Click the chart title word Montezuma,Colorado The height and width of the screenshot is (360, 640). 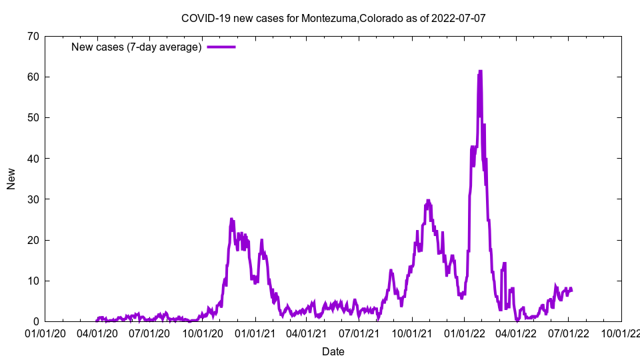coord(351,17)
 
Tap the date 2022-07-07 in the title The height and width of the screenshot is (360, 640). coord(459,17)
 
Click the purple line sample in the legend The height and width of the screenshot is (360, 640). coord(221,47)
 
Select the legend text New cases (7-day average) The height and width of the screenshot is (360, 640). coord(136,47)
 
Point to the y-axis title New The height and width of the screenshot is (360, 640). coord(11,179)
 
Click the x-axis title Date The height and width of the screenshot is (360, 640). coord(333,351)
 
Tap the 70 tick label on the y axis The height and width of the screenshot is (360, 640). coord(32,36)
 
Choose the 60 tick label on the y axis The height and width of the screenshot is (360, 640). coord(32,77)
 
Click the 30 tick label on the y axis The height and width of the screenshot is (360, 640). coord(32,199)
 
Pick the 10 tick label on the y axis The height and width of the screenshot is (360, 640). coord(32,281)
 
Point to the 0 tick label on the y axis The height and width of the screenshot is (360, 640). coord(35,321)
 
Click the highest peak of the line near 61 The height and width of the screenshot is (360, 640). coord(480,71)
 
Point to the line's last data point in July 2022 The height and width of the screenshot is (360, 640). coord(571,290)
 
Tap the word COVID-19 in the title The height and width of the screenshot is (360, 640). coord(203,17)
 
